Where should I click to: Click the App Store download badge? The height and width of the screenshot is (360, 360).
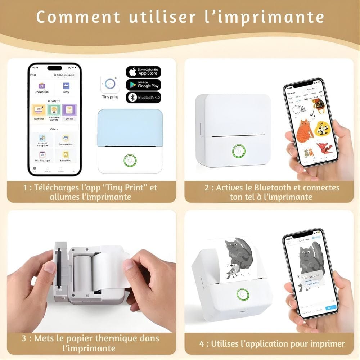pyautogui.click(x=143, y=72)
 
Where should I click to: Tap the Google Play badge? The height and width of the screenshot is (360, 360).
pyautogui.click(x=143, y=85)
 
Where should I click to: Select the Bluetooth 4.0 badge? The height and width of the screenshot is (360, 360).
pyautogui.click(x=143, y=98)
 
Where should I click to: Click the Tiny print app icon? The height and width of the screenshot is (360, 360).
pyautogui.click(x=110, y=84)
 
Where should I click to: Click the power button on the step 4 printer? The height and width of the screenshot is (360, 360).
pyautogui.click(x=243, y=295)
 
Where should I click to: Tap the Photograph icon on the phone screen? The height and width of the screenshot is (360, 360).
pyautogui.click(x=42, y=86)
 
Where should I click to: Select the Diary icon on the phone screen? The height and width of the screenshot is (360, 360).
pyautogui.click(x=66, y=86)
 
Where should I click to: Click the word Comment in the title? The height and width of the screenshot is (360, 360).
pyautogui.click(x=78, y=17)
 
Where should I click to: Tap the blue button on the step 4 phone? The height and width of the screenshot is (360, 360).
pyautogui.click(x=330, y=308)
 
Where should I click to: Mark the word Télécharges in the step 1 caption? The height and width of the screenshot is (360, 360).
pyautogui.click(x=58, y=188)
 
